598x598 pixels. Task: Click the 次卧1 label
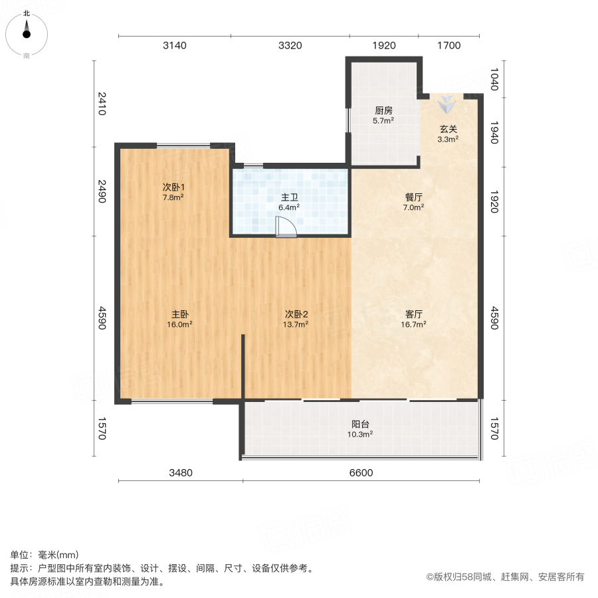coord(174,187)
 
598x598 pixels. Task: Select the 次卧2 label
coord(296,314)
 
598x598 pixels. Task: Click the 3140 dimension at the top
coord(175,46)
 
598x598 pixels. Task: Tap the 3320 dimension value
coord(290,46)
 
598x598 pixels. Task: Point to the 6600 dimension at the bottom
coord(361,473)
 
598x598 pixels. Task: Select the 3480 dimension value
coord(180,473)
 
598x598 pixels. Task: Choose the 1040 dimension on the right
coord(493,78)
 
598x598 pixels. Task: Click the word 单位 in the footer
coord(19,555)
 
